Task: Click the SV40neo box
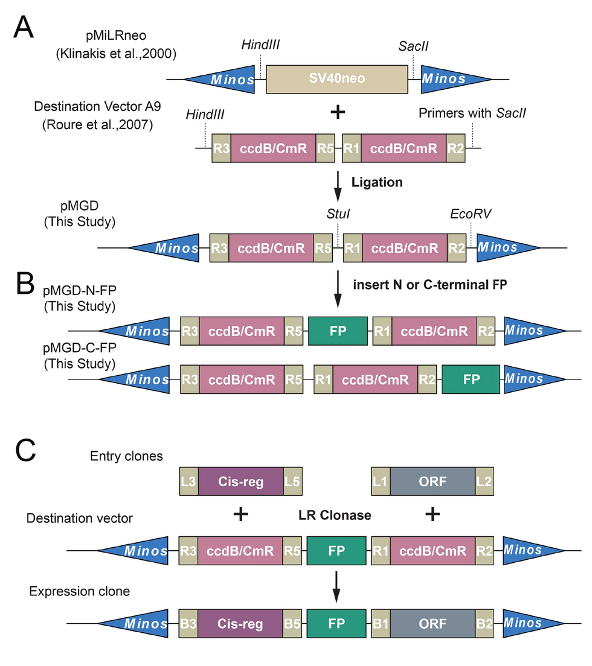pos(336,79)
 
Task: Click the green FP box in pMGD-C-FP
pos(471,379)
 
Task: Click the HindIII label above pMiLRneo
pos(260,45)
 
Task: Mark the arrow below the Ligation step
pos(338,188)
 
